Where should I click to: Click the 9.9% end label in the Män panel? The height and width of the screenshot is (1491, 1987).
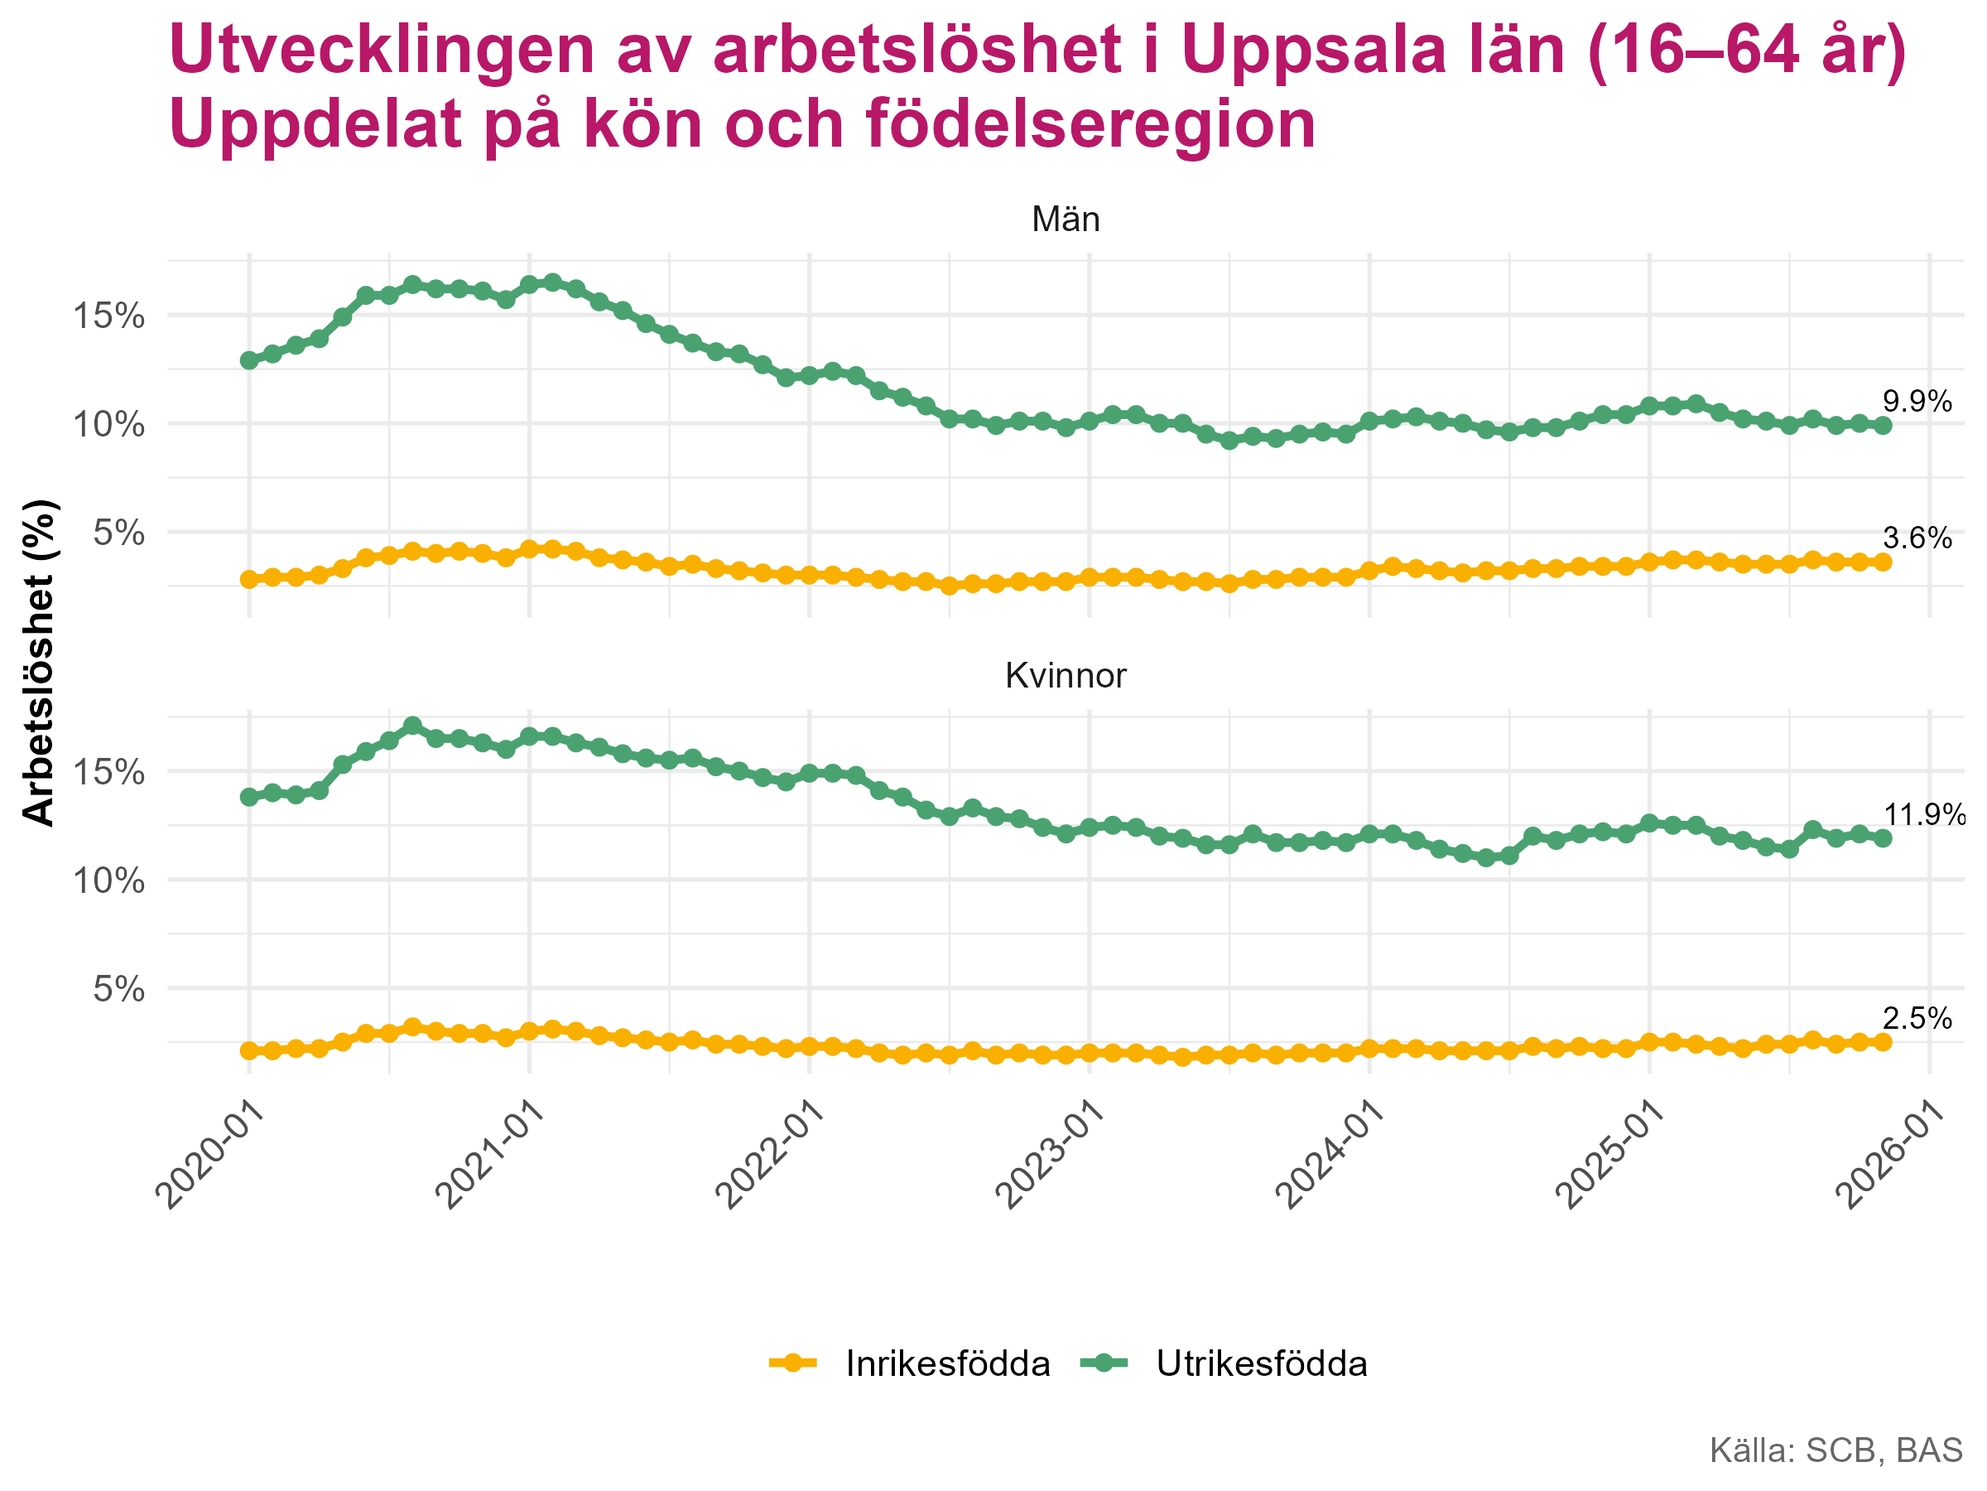point(1917,402)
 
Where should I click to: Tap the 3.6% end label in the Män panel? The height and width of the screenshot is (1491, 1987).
point(1917,539)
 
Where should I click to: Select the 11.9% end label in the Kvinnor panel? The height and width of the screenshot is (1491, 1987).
point(1922,816)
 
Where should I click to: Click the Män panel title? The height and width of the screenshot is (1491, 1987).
point(1066,220)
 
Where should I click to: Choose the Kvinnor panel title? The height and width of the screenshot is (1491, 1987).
point(1066,677)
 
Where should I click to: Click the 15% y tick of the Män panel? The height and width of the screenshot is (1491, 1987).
point(108,316)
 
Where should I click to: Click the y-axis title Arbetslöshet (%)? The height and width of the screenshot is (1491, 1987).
point(40,663)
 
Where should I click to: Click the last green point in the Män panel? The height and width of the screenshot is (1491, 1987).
point(1884,426)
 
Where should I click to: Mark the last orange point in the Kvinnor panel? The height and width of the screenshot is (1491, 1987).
point(1884,1043)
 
